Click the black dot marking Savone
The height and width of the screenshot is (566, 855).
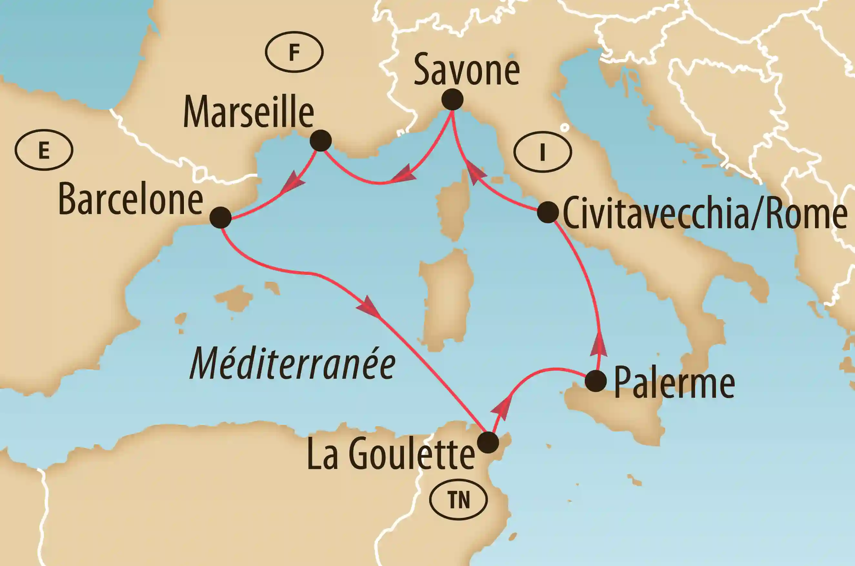(x=453, y=99)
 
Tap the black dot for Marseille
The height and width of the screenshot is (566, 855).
(x=321, y=141)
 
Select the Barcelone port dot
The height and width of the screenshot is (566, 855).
(x=220, y=218)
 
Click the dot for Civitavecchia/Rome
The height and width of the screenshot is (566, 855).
(x=548, y=212)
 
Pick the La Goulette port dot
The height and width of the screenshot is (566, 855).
(x=488, y=442)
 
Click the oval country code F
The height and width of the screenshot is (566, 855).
(x=294, y=52)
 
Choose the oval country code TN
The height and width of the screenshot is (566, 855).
(x=458, y=500)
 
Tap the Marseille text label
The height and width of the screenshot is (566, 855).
(x=248, y=112)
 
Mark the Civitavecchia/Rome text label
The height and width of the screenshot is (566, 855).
(x=705, y=214)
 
